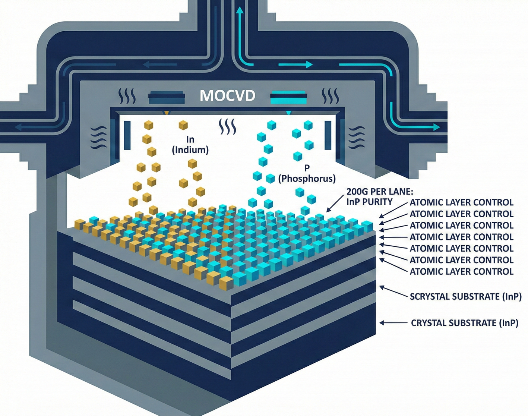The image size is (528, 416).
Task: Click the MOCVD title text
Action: click(x=227, y=96)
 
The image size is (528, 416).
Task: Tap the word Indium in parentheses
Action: click(x=190, y=150)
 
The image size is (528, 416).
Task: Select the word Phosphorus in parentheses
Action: click(x=307, y=179)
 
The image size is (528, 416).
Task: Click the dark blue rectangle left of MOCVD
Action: click(x=167, y=98)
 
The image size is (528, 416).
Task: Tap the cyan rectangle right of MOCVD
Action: click(x=288, y=98)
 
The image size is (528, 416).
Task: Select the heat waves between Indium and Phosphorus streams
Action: click(x=227, y=127)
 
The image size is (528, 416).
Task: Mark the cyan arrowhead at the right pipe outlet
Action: click(x=436, y=127)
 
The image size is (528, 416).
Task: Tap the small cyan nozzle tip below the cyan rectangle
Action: click(x=288, y=112)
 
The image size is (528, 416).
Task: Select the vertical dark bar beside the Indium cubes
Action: click(x=127, y=135)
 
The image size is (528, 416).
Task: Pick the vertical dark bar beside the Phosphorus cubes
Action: click(x=328, y=135)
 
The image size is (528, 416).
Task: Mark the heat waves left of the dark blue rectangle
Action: click(x=127, y=96)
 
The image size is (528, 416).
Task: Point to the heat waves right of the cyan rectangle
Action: click(x=330, y=96)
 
